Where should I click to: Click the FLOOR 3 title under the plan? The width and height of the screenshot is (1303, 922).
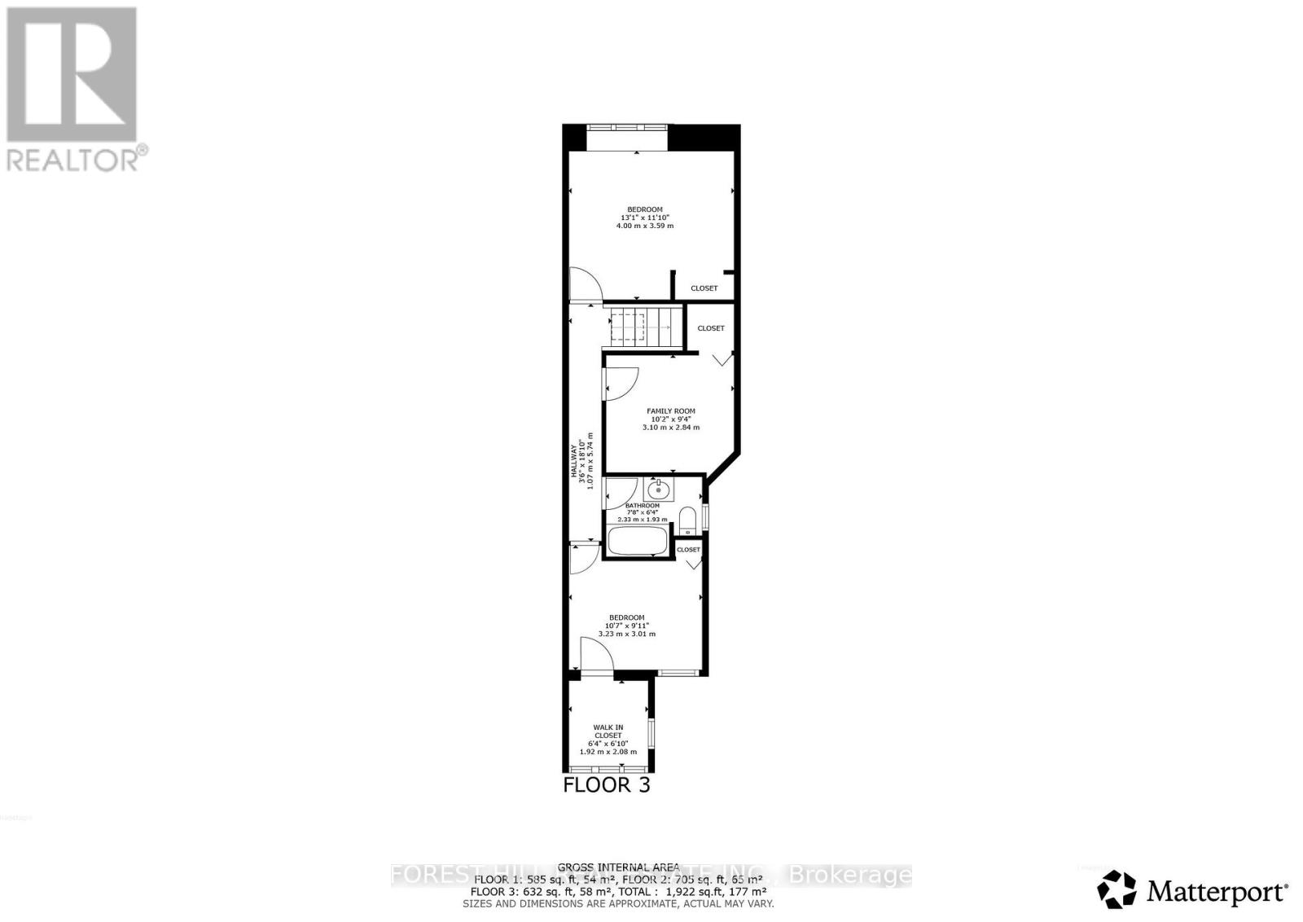click(607, 785)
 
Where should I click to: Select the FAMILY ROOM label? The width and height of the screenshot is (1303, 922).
click(671, 411)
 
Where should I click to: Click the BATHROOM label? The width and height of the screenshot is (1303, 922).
click(642, 506)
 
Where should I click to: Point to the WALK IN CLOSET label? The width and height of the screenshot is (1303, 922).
click(608, 731)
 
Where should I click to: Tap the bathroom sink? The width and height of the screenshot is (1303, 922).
click(658, 490)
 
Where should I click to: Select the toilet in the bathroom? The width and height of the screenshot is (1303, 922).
click(687, 520)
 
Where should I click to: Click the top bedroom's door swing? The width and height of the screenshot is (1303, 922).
click(585, 284)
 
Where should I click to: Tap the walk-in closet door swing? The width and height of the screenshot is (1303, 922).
click(594, 654)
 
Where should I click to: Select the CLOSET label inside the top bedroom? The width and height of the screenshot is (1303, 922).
click(704, 288)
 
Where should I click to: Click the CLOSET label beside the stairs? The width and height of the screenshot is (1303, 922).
click(711, 328)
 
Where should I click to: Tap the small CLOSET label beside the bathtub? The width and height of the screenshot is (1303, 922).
click(688, 550)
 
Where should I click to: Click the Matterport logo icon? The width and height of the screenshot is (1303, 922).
click(1117, 889)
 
